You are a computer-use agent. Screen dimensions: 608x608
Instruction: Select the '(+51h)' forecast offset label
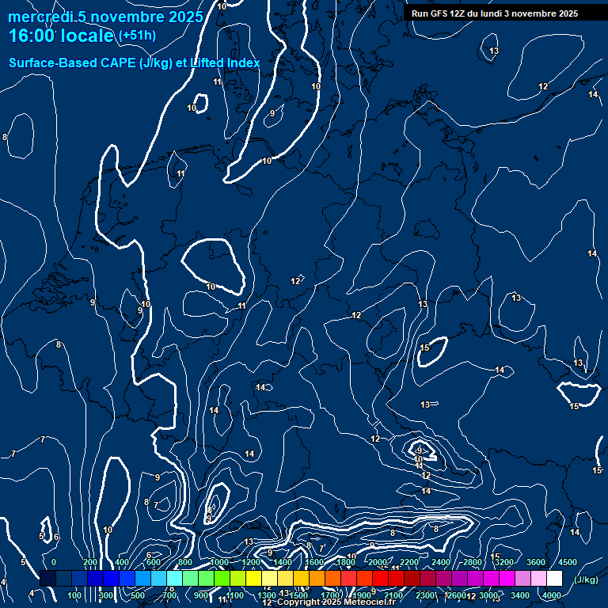pyautogui.click(x=137, y=36)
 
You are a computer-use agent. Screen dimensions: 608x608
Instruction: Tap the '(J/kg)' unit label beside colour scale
pyautogui.click(x=586, y=579)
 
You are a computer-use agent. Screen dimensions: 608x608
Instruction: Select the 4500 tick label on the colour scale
pyautogui.click(x=568, y=562)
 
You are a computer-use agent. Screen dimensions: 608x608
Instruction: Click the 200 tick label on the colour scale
pyautogui.click(x=89, y=562)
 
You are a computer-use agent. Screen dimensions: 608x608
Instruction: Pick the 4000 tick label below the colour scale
pyautogui.click(x=553, y=595)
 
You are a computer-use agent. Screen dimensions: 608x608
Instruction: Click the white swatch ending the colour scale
pyautogui.click(x=554, y=579)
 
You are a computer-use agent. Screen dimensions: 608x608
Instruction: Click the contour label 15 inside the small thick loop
pyautogui.click(x=425, y=348)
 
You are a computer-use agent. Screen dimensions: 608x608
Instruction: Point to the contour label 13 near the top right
pyautogui.click(x=495, y=51)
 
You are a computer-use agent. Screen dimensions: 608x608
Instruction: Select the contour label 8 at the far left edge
pyautogui.click(x=5, y=137)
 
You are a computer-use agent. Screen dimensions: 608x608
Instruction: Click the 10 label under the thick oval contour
pyautogui.click(x=211, y=287)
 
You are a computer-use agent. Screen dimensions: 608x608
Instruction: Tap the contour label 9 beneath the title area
pyautogui.click(x=272, y=113)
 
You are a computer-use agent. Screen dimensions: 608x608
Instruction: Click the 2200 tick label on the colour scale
pyautogui.click(x=408, y=562)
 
